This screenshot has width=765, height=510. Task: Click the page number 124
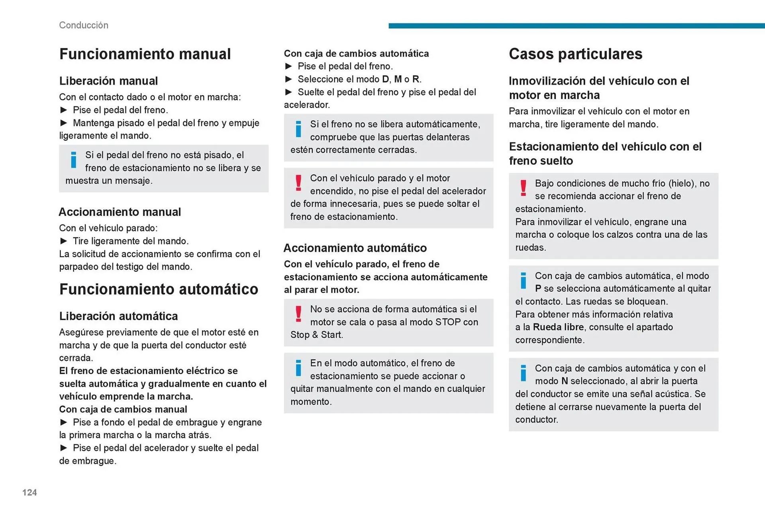[29, 492]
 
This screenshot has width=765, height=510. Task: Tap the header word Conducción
[84, 25]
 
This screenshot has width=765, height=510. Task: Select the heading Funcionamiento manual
[145, 54]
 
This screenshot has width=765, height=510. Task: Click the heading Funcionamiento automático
[159, 289]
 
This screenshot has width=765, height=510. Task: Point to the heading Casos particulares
[575, 54]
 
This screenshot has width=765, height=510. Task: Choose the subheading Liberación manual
[108, 81]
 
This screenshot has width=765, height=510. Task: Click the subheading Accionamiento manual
[120, 212]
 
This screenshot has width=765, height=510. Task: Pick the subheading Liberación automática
[118, 316]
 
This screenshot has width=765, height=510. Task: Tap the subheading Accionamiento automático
[355, 248]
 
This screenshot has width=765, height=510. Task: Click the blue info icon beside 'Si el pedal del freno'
[74, 160]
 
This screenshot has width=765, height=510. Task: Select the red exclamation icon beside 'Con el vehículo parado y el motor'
[298, 183]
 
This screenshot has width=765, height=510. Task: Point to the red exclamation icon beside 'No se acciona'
[298, 314]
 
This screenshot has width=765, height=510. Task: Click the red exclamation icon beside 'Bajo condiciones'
[524, 188]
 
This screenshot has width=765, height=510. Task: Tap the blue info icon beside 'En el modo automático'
[298, 368]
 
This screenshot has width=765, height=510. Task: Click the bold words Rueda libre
[558, 327]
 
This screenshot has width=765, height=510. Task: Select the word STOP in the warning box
[448, 322]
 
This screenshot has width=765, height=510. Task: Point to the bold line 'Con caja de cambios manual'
[123, 409]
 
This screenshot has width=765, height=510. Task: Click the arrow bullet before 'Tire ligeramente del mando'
[64, 241]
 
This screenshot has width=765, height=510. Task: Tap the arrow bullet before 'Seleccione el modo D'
[289, 79]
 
